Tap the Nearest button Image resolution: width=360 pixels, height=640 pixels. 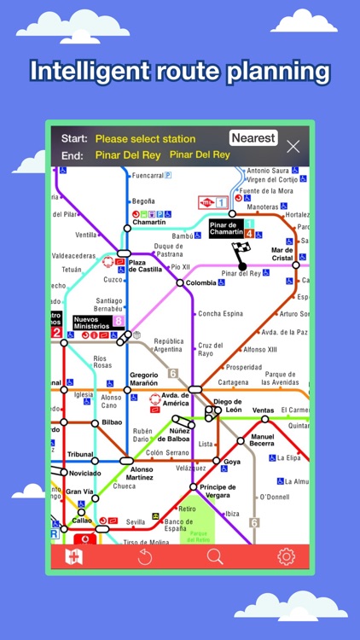tap(253, 138)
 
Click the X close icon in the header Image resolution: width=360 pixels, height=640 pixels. tap(293, 146)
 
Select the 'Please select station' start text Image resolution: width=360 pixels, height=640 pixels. tap(145, 138)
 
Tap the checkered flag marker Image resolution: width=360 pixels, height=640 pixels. tap(241, 252)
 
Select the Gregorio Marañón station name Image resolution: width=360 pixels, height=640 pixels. tap(150, 379)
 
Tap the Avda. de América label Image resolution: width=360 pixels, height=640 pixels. tap(176, 400)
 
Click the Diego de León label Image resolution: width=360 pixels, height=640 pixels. tap(228, 405)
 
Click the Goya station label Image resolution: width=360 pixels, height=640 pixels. tap(232, 461)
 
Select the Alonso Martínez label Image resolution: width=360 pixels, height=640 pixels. tap(131, 474)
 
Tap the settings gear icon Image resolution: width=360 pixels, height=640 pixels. tap(285, 556)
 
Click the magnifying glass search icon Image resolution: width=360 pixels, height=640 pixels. tap(215, 556)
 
